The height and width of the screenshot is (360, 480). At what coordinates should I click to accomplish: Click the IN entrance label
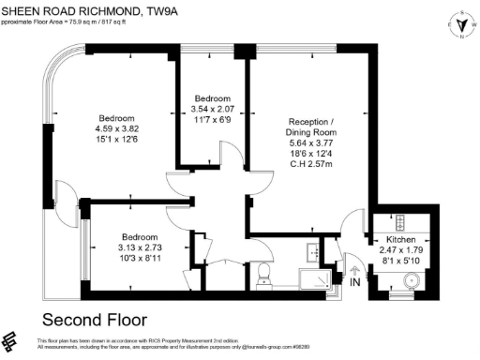pyautogui.click(x=354, y=281)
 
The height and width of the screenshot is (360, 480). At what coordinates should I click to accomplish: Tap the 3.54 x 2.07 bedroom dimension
pyautogui.click(x=213, y=109)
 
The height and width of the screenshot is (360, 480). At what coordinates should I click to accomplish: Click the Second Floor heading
pyautogui.click(x=90, y=318)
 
